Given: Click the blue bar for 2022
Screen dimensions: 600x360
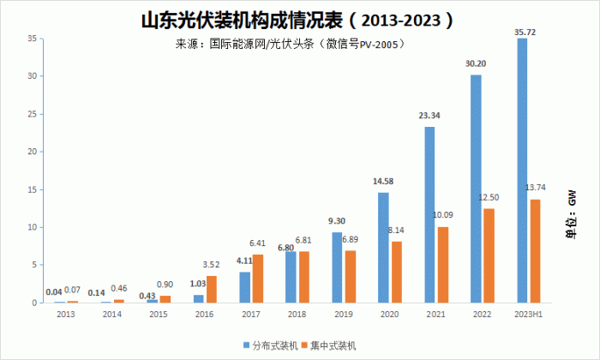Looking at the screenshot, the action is click(476, 189).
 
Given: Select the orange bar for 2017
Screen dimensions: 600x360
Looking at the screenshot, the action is click(258, 279).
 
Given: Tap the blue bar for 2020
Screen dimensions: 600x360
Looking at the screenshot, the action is click(383, 248).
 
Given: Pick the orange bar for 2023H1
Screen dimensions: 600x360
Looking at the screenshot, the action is click(535, 251).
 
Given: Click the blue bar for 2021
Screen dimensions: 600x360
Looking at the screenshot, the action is click(429, 214).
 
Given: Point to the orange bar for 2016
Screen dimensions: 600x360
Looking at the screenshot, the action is click(212, 289).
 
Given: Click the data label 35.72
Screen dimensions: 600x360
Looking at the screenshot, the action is click(525, 32).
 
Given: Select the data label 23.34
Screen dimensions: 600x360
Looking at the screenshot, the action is click(429, 116).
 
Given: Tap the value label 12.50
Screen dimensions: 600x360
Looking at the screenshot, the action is click(489, 197).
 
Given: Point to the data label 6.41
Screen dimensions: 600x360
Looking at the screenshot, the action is click(257, 243).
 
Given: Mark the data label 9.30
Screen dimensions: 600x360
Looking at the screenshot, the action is click(337, 221).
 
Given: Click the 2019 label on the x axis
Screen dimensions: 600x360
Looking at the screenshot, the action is click(344, 315).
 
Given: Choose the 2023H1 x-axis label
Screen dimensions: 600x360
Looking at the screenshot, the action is click(529, 315).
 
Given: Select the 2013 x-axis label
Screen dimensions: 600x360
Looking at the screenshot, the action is click(66, 315).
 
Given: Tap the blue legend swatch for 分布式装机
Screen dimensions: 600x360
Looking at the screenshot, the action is click(247, 345).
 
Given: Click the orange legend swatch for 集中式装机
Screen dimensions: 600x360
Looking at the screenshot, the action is click(304, 345).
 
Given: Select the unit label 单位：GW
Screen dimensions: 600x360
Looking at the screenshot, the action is click(572, 214).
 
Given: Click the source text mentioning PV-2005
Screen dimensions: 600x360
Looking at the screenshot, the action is click(291, 45).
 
